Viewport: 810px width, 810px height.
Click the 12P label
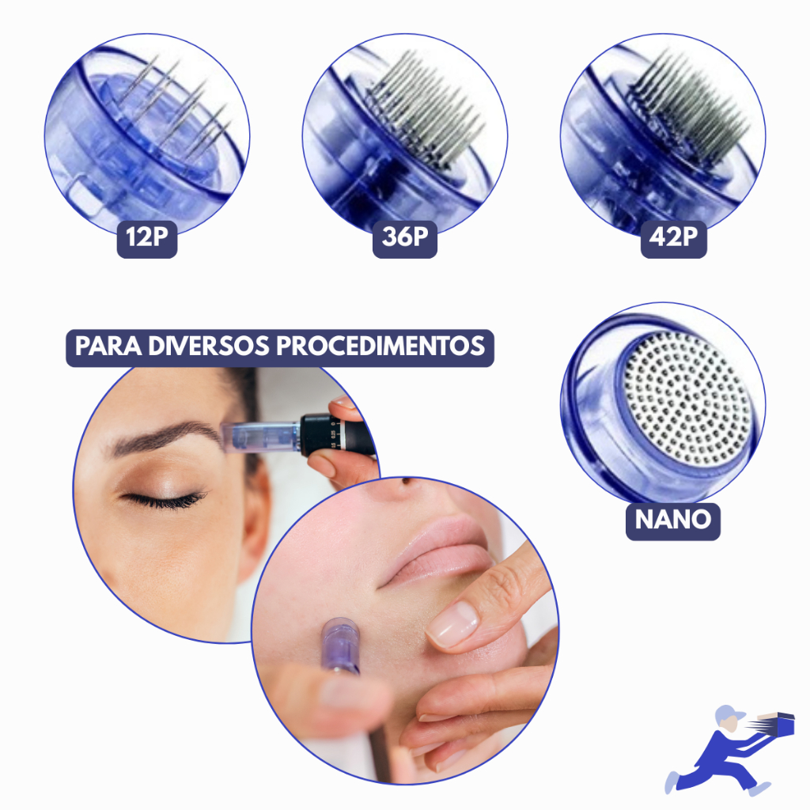(147, 239)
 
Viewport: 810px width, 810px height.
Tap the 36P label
(405, 239)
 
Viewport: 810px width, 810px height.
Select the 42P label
(674, 239)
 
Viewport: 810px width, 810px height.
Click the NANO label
(673, 521)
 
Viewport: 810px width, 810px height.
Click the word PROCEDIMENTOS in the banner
(380, 346)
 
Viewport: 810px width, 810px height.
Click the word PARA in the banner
(108, 346)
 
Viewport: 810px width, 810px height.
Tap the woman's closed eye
(165, 499)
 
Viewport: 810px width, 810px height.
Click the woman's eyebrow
(165, 437)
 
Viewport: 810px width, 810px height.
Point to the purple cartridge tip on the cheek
(339, 645)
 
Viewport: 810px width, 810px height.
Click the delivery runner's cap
(729, 714)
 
